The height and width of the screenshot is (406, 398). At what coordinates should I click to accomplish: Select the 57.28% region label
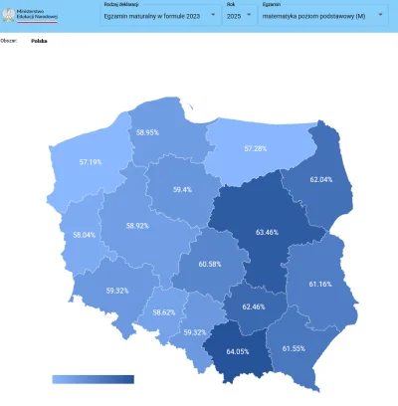click(x=256, y=149)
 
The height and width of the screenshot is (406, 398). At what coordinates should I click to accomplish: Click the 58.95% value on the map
click(x=147, y=132)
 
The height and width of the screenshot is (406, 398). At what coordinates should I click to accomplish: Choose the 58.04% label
click(x=85, y=235)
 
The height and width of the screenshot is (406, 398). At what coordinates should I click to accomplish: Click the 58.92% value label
click(x=137, y=226)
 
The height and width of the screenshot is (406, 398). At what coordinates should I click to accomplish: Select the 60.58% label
click(x=210, y=264)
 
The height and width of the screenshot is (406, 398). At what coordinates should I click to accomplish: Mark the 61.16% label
click(x=320, y=284)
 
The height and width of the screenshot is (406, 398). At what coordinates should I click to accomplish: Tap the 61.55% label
click(x=295, y=348)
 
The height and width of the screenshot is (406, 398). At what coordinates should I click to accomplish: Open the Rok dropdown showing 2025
click(x=239, y=16)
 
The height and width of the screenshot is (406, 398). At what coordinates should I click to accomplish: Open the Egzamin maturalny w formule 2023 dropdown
click(x=160, y=16)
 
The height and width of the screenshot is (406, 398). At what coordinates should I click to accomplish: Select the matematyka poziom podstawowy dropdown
click(x=324, y=16)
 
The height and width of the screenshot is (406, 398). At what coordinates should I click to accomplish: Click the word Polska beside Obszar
click(x=40, y=43)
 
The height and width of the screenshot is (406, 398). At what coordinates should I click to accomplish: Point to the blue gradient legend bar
click(x=93, y=379)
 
